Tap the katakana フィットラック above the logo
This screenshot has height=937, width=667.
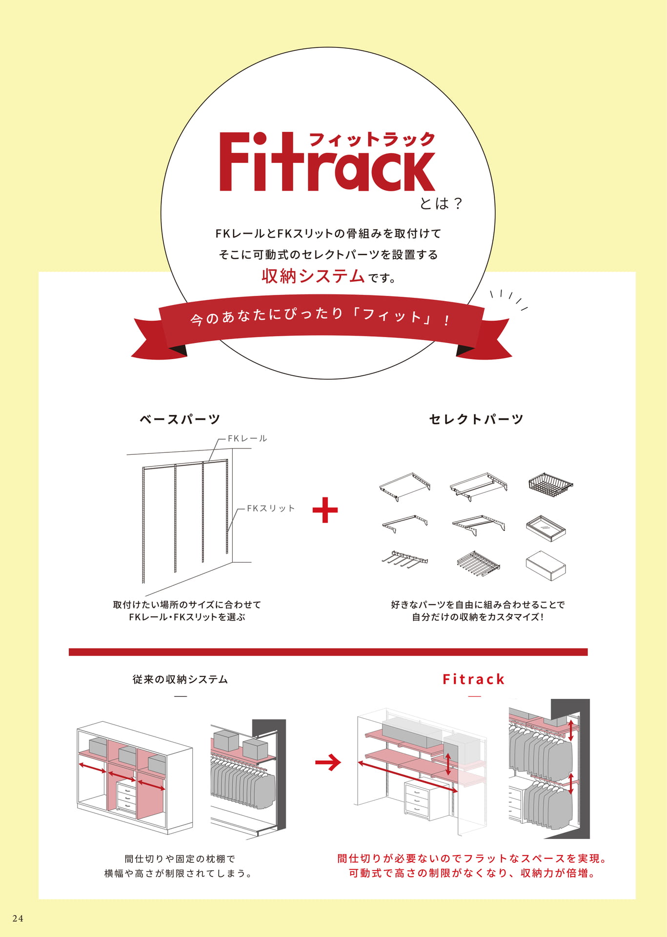(x=372, y=140)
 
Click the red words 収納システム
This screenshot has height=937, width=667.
(x=313, y=276)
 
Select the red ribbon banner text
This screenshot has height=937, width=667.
(x=321, y=317)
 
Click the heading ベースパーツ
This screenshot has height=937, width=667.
(x=180, y=419)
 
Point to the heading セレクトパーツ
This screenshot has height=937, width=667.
(x=476, y=419)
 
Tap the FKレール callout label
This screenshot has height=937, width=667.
(x=247, y=439)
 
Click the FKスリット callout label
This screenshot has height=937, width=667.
(x=271, y=509)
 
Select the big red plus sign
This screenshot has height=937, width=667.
(x=325, y=510)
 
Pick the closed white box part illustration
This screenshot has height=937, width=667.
(x=546, y=566)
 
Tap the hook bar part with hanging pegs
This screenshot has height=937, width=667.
(x=404, y=560)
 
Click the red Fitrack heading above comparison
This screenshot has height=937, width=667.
(x=474, y=679)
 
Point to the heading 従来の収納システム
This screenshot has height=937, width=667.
(x=180, y=679)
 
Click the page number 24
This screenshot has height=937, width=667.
(x=18, y=918)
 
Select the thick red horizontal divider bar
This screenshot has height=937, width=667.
(x=328, y=652)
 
